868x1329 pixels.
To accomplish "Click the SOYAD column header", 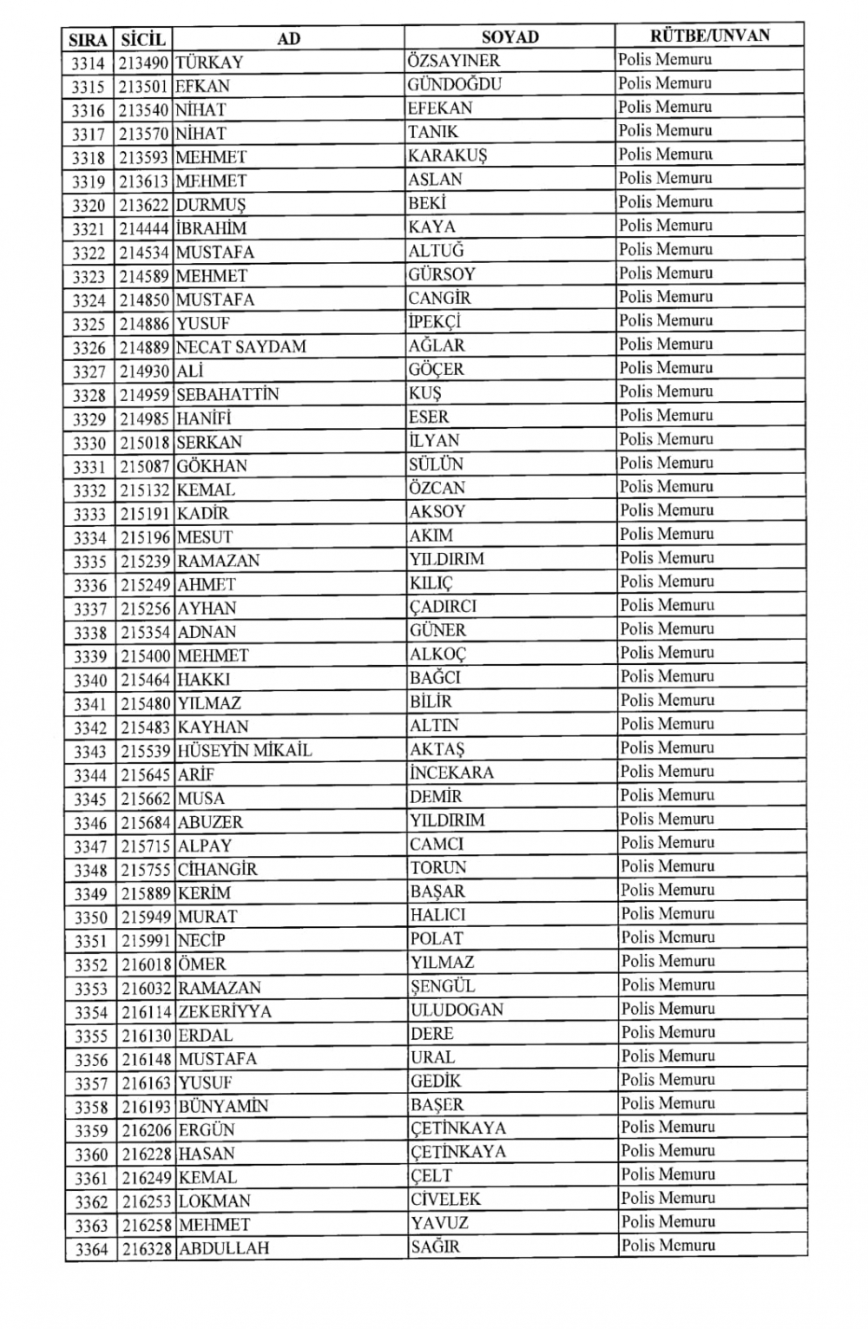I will pyautogui.click(x=510, y=36).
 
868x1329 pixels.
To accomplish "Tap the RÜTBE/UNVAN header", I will pyautogui.click(x=709, y=36).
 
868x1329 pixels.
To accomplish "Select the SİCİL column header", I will pyautogui.click(x=143, y=39).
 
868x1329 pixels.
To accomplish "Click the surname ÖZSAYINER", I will pyautogui.click(x=453, y=61).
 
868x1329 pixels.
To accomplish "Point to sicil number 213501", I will pyautogui.click(x=144, y=86).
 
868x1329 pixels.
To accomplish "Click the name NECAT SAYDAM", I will pyautogui.click(x=240, y=346).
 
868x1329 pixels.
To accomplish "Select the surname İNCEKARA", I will pyautogui.click(x=451, y=772).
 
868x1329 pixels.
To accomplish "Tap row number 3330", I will pyautogui.click(x=89, y=443).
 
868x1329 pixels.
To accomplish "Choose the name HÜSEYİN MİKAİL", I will pyautogui.click(x=244, y=750).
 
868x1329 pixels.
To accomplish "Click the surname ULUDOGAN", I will pyautogui.click(x=457, y=1010).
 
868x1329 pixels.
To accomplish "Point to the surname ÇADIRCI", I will pyautogui.click(x=443, y=606).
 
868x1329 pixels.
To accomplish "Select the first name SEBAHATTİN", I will pyautogui.click(x=227, y=394).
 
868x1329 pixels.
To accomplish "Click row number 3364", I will pyautogui.click(x=91, y=1249).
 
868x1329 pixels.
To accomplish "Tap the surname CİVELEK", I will pyautogui.click(x=445, y=1199).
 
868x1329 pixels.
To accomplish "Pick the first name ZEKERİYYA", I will pyautogui.click(x=224, y=1011).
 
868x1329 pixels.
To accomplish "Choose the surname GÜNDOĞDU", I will pyautogui.click(x=454, y=84).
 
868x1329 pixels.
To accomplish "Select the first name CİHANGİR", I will pyautogui.click(x=217, y=869).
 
